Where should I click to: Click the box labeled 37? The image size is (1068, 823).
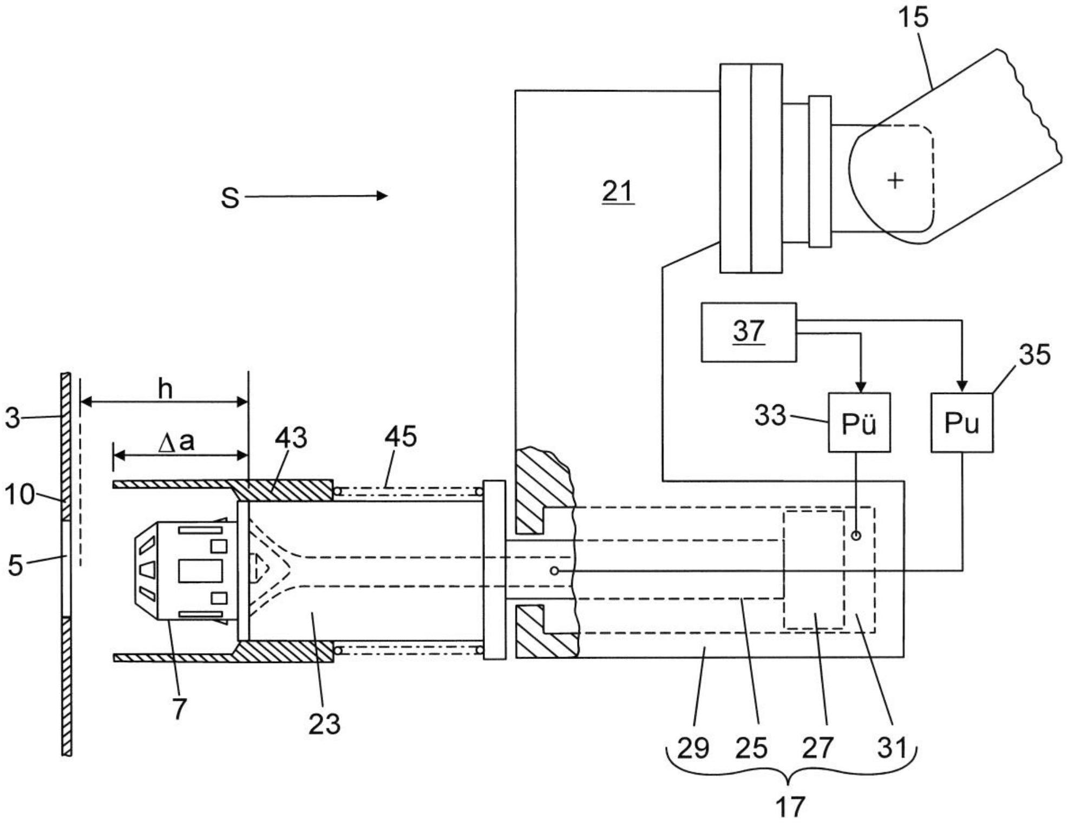click(749, 332)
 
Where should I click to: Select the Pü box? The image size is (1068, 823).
click(859, 423)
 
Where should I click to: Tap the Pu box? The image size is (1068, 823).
click(962, 423)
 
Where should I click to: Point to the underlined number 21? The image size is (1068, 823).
click(618, 192)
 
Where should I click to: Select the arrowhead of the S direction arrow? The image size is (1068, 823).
click(382, 195)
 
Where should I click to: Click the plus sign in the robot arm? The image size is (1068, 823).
click(896, 180)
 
